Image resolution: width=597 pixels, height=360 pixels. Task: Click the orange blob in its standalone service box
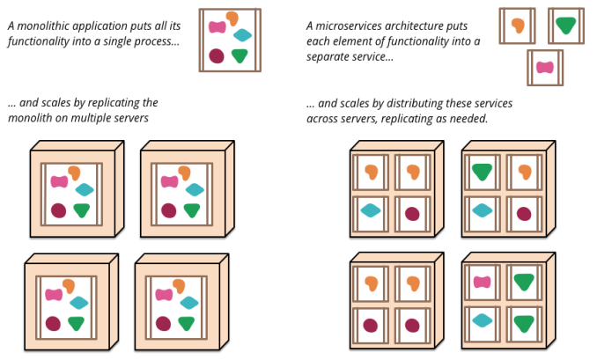[x=518, y=26]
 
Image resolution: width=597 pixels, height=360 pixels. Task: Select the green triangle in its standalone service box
[x=566, y=26]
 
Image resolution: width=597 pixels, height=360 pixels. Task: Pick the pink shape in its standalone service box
[x=545, y=68]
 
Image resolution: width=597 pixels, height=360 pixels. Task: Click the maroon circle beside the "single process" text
[x=217, y=55]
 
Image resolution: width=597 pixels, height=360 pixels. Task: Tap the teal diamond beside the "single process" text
[x=242, y=35]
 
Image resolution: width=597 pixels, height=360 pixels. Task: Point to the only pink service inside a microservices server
[x=482, y=282]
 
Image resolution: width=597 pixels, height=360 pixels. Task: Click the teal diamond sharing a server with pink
[x=482, y=320]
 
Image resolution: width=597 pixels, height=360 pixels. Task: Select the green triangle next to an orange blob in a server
[x=482, y=172]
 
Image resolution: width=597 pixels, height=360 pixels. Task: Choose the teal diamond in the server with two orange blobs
[x=371, y=210]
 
